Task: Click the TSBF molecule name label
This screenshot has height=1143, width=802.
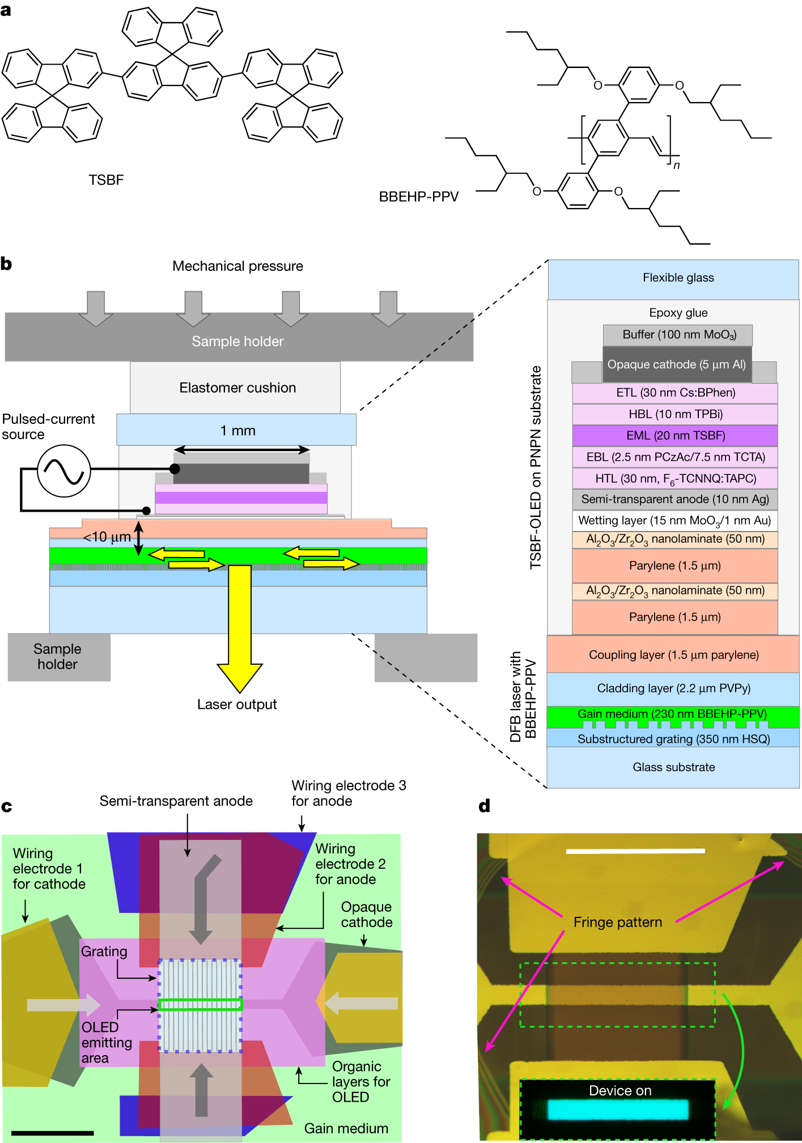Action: point(106,180)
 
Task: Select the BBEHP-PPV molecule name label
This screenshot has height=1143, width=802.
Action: point(418,197)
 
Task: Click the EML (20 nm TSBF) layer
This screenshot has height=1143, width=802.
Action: point(675,436)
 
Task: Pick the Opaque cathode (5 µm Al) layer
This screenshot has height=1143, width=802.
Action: point(676,364)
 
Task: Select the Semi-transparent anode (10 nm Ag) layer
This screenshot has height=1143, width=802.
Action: point(675,499)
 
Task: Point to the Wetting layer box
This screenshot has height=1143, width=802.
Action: point(674,520)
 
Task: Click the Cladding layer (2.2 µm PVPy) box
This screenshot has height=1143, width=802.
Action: point(673,689)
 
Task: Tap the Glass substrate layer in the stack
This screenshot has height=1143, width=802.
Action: point(673,767)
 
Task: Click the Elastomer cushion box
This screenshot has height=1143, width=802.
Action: point(237,388)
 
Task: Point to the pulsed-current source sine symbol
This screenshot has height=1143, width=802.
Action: point(64,471)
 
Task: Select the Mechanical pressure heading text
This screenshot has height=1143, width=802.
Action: point(237,266)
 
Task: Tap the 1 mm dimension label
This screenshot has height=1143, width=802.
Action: point(237,431)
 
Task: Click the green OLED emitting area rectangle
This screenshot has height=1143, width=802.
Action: point(201,1005)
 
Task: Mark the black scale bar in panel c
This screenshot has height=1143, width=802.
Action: point(52,1133)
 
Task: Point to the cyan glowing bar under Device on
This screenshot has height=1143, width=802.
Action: point(618,1110)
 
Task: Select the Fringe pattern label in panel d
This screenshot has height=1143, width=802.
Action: point(617,923)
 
